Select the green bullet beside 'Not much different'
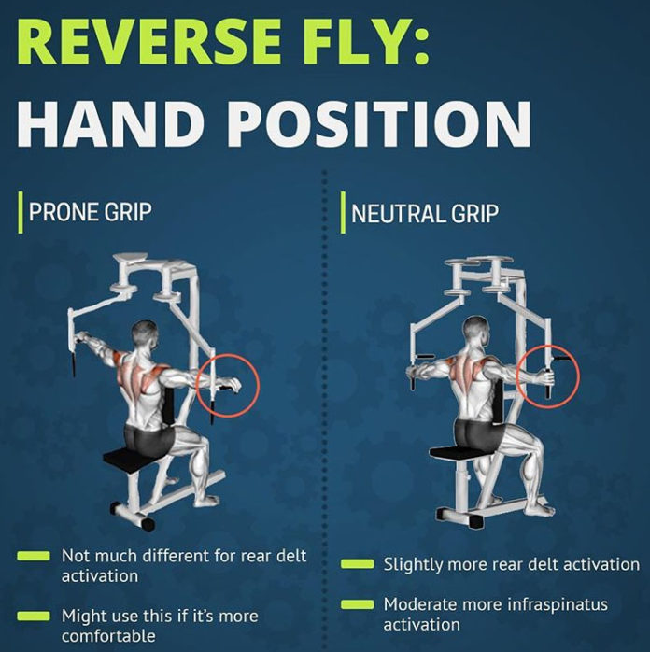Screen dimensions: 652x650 click(x=34, y=557)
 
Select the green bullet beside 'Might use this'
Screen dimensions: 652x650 click(x=34, y=617)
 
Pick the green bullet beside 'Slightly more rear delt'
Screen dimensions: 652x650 click(x=357, y=564)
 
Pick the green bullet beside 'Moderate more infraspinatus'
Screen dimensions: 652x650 click(x=357, y=605)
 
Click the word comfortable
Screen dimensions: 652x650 click(x=108, y=636)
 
